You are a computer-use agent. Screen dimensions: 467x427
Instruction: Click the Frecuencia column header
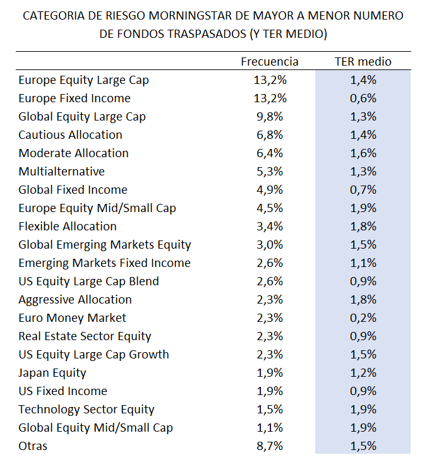[270, 61]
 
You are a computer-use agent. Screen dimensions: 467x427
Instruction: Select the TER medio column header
[363, 61]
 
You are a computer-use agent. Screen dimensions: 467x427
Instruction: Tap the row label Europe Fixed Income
[75, 98]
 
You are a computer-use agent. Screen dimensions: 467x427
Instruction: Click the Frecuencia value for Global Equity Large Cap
[270, 117]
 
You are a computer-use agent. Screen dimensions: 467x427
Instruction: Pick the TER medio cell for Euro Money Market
[363, 318]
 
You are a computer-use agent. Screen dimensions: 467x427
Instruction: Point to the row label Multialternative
[61, 172]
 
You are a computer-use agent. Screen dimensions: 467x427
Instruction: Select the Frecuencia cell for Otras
[270, 446]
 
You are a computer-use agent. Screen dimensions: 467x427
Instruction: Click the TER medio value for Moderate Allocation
[363, 153]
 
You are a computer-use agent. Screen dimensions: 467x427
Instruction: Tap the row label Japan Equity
[52, 373]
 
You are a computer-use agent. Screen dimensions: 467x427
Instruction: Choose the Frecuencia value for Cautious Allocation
[270, 135]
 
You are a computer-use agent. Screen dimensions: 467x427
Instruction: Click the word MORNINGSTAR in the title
[190, 15]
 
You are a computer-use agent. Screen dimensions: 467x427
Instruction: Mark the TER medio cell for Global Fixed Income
[363, 190]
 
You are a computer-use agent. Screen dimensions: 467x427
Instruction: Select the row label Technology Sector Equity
[87, 410]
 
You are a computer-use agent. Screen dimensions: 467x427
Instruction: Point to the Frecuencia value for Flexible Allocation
[270, 227]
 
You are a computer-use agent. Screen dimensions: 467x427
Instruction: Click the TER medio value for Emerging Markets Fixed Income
[363, 263]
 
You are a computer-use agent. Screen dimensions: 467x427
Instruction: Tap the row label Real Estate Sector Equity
[85, 336]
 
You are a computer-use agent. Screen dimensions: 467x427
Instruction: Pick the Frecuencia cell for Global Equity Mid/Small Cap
[270, 428]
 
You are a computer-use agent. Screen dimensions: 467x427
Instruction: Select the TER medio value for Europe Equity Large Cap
[363, 80]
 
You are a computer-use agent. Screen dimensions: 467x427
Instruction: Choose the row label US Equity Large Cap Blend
[88, 281]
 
